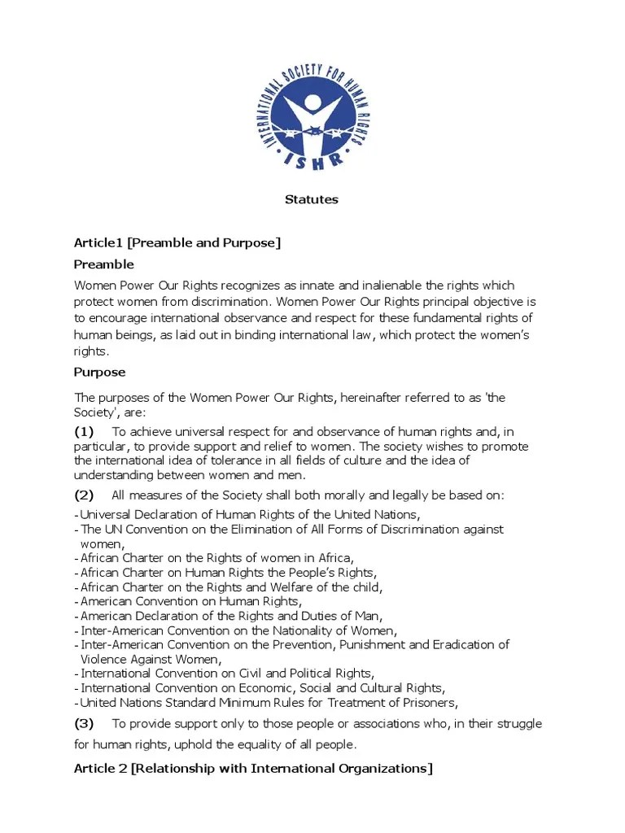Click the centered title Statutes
click(x=311, y=199)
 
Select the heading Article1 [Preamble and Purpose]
click(x=177, y=243)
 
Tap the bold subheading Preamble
click(x=104, y=264)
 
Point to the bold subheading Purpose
click(x=100, y=372)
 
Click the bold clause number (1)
click(x=85, y=430)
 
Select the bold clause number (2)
click(x=85, y=495)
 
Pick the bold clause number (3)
click(x=85, y=723)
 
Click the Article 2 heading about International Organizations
click(x=253, y=769)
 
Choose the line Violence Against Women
click(x=151, y=659)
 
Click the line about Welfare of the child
click(x=231, y=587)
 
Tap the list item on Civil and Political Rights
click(x=227, y=674)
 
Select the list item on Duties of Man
click(x=231, y=616)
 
